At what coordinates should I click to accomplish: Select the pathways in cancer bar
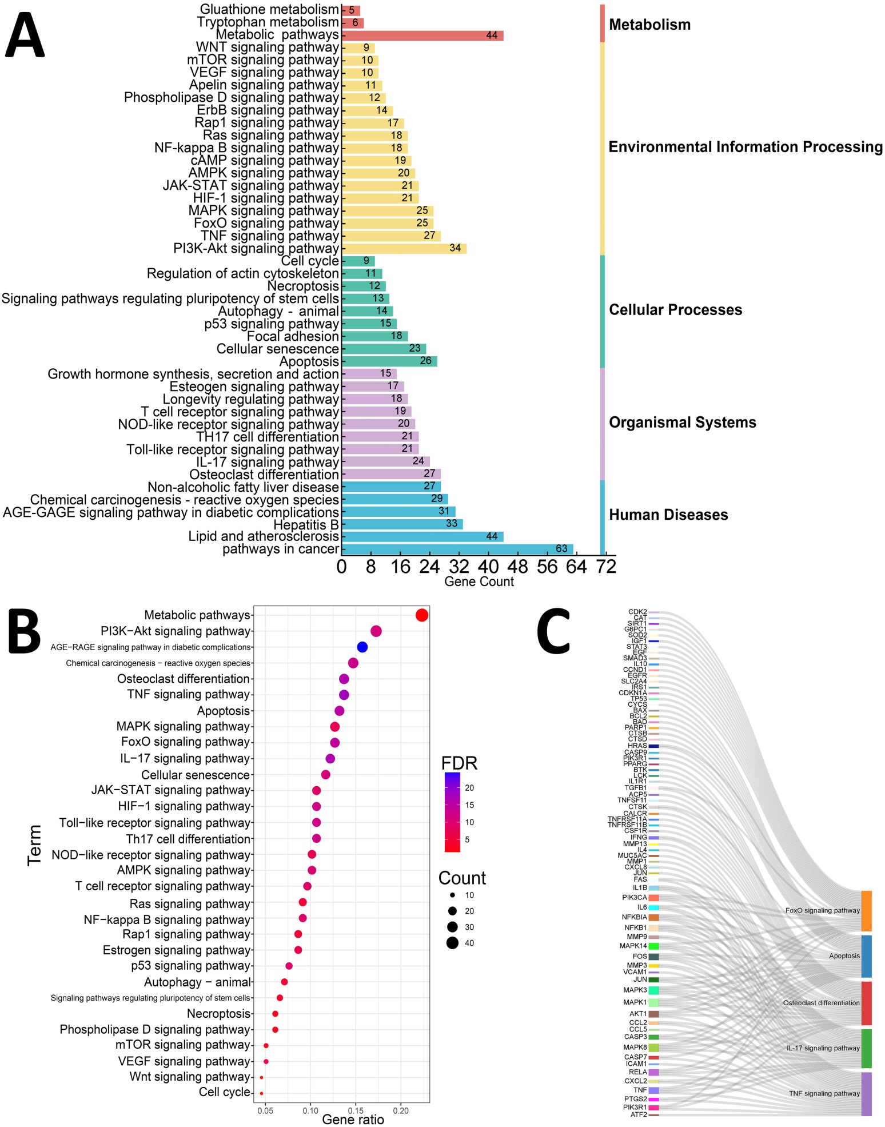(457, 549)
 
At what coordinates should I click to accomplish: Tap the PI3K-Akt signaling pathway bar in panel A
(404, 248)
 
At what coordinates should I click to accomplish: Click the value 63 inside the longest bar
(561, 549)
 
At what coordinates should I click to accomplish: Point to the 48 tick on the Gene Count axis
(518, 567)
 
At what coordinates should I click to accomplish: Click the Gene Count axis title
(479, 582)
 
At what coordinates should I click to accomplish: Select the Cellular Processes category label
(675, 310)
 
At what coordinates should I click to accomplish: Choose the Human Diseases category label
(668, 515)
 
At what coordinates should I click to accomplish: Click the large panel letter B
(24, 632)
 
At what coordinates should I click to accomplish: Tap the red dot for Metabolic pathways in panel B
(422, 615)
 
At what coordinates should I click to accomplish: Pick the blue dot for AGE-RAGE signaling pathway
(362, 647)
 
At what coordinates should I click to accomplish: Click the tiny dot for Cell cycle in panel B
(261, 1093)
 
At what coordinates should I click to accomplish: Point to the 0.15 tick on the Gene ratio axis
(356, 1110)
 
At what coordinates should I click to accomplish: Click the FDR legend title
(459, 763)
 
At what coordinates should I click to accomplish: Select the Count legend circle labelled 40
(452, 943)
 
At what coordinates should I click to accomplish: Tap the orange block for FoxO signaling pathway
(866, 911)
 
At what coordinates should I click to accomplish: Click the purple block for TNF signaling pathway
(866, 1094)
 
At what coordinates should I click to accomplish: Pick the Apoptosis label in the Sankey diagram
(844, 956)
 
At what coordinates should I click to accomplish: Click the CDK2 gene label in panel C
(637, 612)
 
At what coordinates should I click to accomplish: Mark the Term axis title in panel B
(34, 845)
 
